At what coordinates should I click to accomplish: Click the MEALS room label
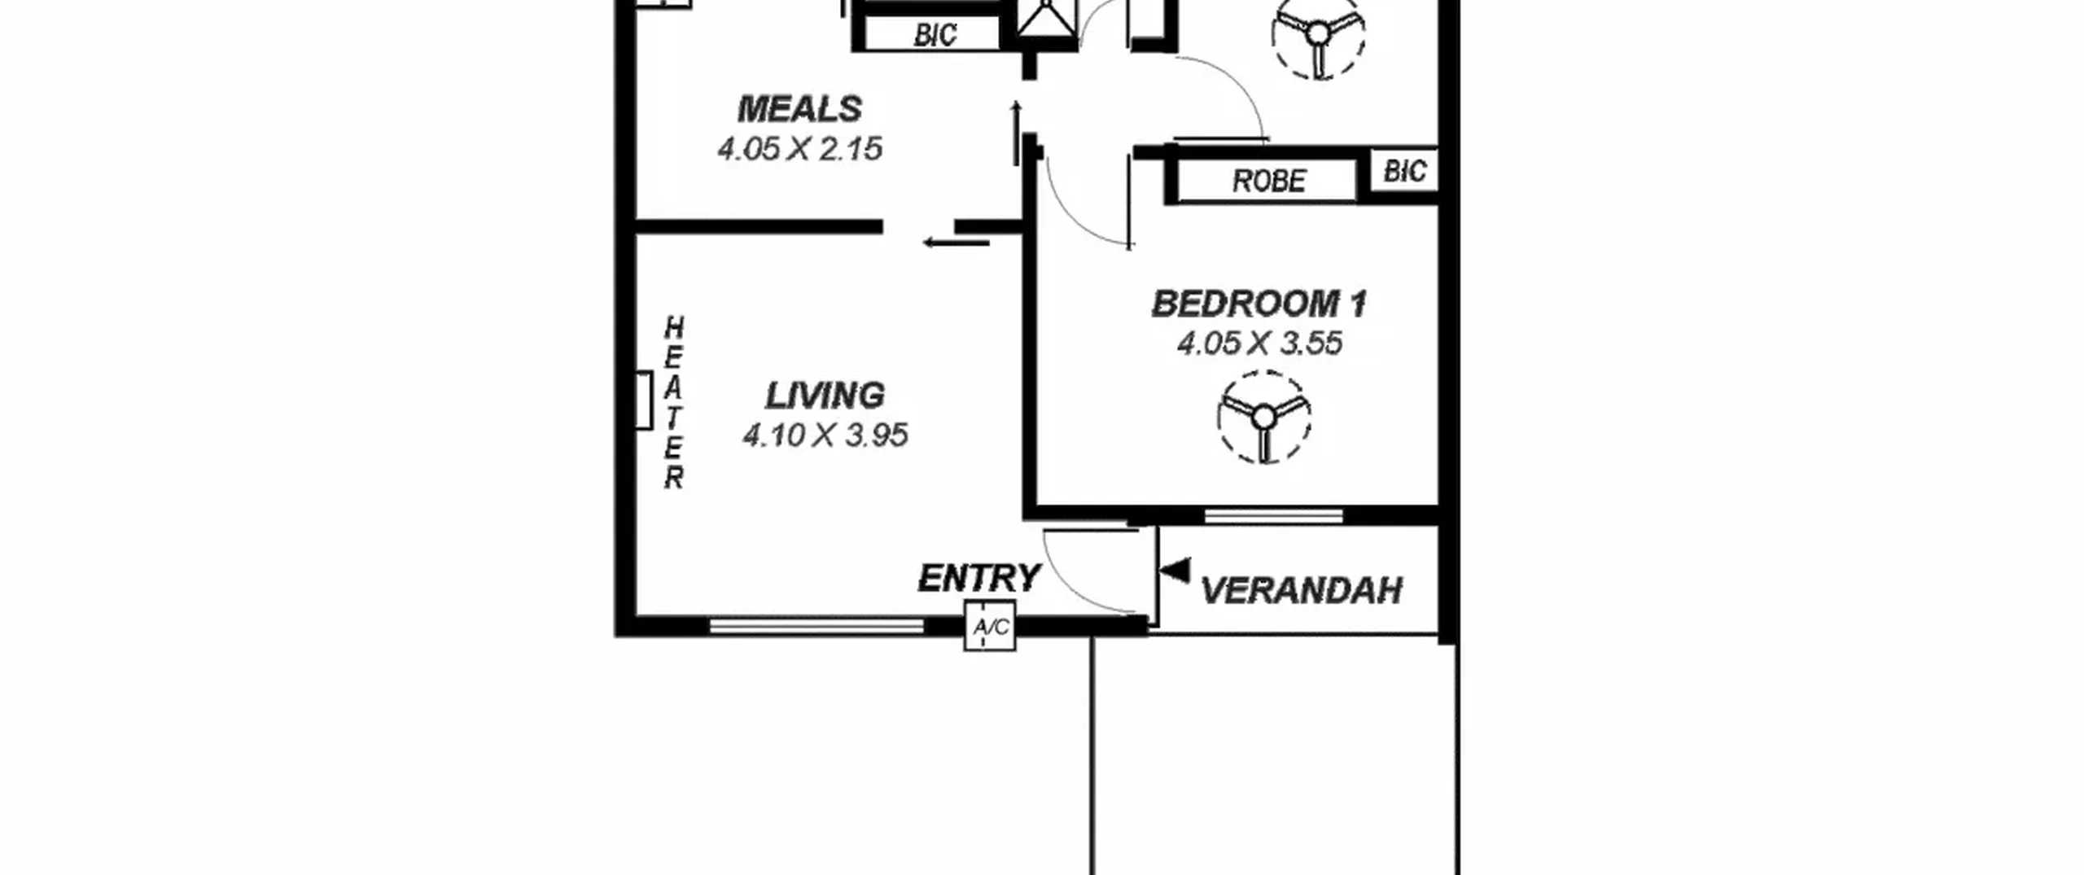[x=799, y=109]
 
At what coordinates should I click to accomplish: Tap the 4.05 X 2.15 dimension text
[x=799, y=149]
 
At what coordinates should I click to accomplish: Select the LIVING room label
[x=824, y=396]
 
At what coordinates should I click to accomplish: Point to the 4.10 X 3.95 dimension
[x=825, y=435]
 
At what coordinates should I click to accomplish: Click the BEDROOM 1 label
[x=1259, y=304]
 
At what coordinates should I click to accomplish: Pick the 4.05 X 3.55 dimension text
[x=1259, y=343]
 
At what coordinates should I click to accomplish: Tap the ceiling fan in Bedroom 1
[x=1264, y=418]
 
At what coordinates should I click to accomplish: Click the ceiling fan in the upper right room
[x=1318, y=34]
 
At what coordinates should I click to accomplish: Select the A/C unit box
[x=990, y=626]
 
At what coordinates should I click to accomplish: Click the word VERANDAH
[x=1301, y=591]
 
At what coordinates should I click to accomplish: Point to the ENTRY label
[x=979, y=579]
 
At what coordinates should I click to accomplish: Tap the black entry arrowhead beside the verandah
[x=1175, y=571]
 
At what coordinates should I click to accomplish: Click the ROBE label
[x=1268, y=181]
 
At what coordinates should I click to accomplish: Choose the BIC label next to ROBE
[x=1404, y=171]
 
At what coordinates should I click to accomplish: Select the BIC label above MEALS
[x=935, y=35]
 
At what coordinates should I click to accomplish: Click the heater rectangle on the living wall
[x=643, y=400]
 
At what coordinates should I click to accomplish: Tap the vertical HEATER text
[x=673, y=403]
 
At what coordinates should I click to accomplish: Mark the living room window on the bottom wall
[x=817, y=625]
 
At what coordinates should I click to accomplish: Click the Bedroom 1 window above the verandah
[x=1273, y=515]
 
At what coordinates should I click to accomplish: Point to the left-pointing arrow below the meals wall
[x=956, y=242]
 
